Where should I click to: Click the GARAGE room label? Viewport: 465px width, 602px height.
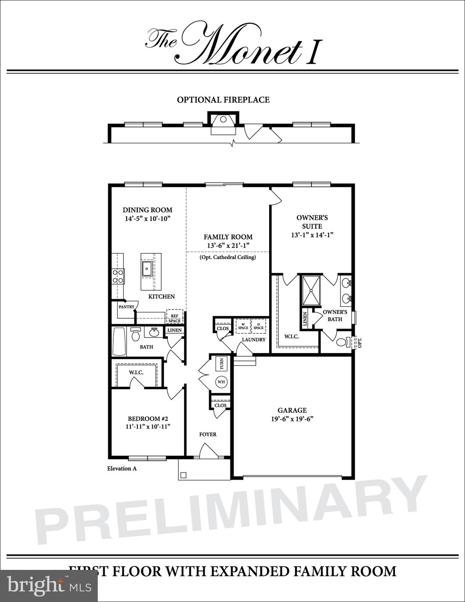[x=292, y=410]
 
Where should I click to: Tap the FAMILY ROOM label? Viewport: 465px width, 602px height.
[x=228, y=237]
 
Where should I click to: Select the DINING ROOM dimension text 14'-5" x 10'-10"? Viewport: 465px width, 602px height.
[x=148, y=219]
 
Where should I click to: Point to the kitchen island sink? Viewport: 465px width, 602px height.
[x=147, y=269]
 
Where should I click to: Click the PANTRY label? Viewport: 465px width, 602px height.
[x=127, y=307]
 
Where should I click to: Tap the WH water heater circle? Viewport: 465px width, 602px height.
[x=221, y=382]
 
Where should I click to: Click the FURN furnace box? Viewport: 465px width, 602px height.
[x=222, y=364]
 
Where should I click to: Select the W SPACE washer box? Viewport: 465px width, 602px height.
[x=243, y=326]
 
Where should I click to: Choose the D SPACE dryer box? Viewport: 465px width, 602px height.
[x=258, y=326]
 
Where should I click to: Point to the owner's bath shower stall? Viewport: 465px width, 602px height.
[x=311, y=290]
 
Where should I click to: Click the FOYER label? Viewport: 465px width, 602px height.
[x=208, y=434]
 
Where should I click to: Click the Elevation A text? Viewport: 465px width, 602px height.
[x=122, y=468]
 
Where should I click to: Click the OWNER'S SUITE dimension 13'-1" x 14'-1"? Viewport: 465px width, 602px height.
[x=312, y=235]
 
